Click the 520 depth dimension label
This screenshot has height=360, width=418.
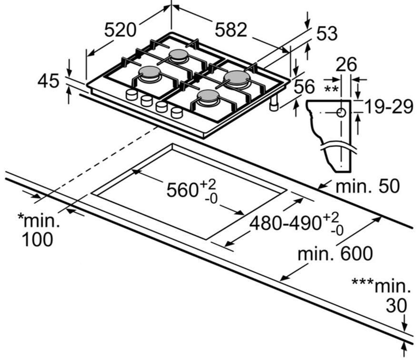tap(120, 30)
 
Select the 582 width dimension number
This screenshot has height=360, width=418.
tap(231, 30)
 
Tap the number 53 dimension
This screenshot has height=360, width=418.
tap(327, 34)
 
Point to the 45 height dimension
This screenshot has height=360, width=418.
tap(49, 81)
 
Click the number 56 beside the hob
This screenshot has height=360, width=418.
tap(304, 87)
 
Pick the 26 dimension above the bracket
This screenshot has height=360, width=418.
tap(346, 64)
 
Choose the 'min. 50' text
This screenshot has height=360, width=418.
tap(368, 186)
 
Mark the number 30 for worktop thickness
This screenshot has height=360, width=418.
tap(396, 306)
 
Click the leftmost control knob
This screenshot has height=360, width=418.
tap(131, 95)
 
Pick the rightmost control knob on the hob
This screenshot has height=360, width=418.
tap(177, 112)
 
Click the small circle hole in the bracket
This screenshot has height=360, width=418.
tap(341, 112)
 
